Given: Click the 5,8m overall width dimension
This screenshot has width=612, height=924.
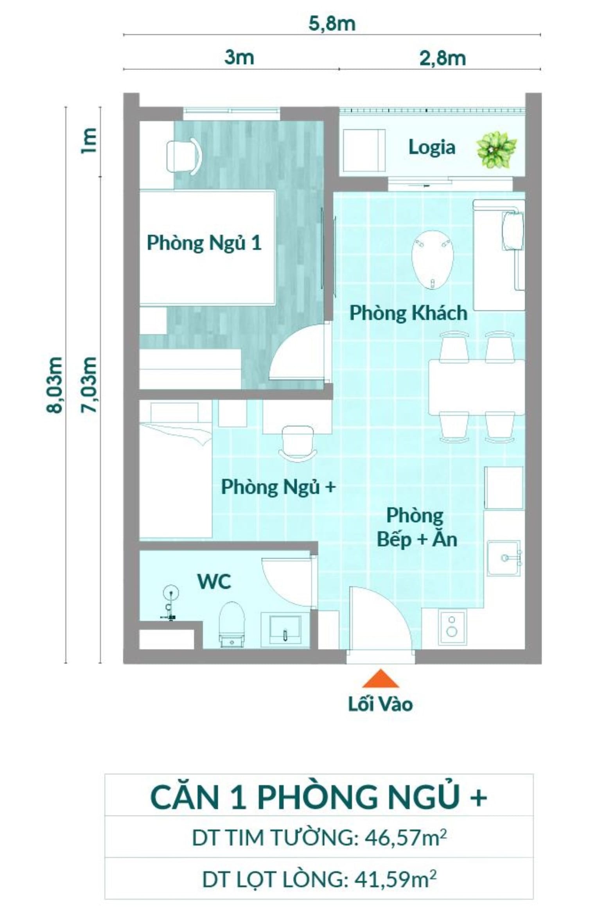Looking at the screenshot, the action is coord(332,24).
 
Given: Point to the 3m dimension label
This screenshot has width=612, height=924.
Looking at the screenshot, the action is coord(239,58).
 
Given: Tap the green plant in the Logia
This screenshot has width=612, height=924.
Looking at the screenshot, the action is coord(496,150).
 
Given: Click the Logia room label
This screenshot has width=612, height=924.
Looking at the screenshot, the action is coord(432,147).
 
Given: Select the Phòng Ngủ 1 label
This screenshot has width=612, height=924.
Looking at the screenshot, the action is coord(204,243).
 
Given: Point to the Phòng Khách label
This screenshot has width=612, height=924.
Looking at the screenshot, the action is coord(408,313).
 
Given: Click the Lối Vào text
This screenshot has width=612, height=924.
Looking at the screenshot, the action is coord(380,704).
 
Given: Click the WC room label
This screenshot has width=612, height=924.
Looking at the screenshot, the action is coord(214,581).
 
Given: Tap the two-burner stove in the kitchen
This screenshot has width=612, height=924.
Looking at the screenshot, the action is coord(452,626).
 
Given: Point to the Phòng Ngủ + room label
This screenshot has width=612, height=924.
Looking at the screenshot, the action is coord(278,487).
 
